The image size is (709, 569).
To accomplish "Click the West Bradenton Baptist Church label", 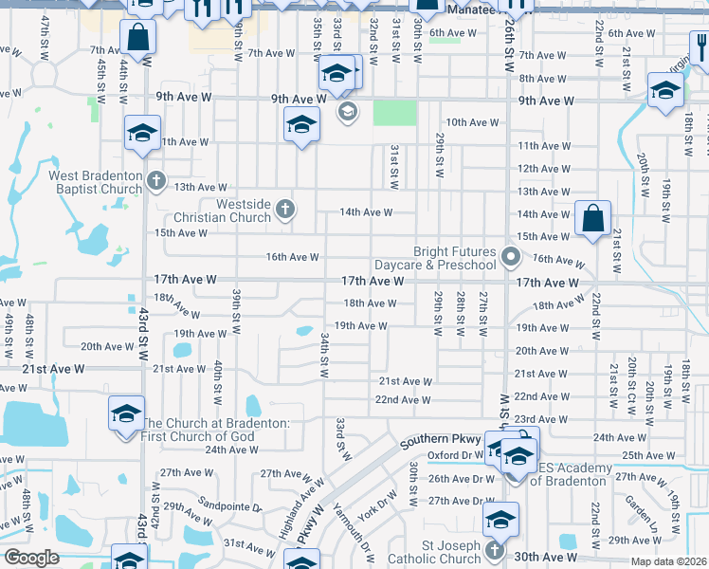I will point(95,182).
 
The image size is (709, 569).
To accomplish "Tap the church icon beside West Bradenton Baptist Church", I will point(156,179).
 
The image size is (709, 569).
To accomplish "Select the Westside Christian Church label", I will point(230,211).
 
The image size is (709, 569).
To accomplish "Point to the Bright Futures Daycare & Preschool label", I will point(454,258).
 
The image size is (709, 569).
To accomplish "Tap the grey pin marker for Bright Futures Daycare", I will point(512,256).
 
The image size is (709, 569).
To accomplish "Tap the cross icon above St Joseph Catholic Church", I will point(494,550).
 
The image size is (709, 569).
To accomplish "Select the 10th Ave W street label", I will point(472,122).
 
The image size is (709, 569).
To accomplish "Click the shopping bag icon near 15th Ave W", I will point(592,218).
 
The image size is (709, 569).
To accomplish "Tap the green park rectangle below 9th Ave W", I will point(394,113).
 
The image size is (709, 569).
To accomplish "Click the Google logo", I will point(30,558).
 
